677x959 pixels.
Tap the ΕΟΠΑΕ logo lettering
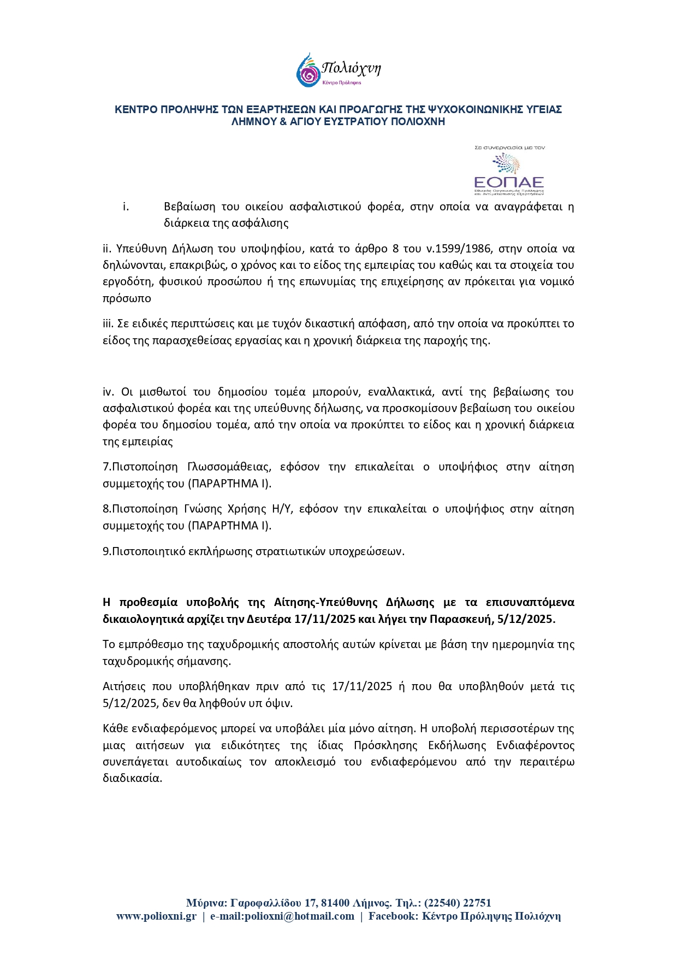[509, 182]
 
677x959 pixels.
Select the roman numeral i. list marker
[126, 207]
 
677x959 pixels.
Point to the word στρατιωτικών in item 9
[290, 551]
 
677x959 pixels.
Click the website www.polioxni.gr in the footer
[156, 916]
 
